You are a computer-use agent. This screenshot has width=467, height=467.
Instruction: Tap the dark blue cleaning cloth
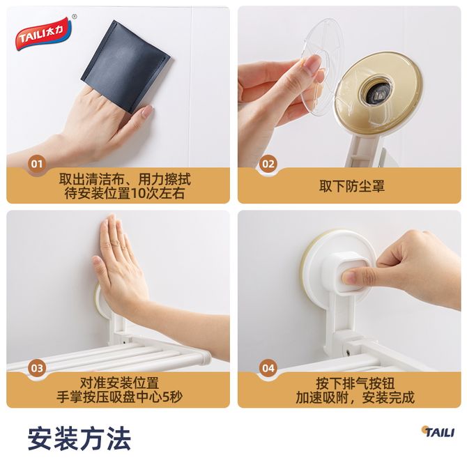tap(125, 66)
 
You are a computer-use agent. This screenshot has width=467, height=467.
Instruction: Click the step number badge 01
tap(37, 164)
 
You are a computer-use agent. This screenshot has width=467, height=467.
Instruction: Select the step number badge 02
tap(268, 164)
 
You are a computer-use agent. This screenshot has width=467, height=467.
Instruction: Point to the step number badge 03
tap(37, 369)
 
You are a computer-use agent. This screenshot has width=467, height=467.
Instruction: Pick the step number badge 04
tap(268, 369)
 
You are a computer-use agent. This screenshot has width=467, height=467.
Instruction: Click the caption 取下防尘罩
tap(352, 186)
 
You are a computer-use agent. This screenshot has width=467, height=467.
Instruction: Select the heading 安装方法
tap(79, 438)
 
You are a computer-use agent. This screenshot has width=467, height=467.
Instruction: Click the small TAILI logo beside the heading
tap(438, 431)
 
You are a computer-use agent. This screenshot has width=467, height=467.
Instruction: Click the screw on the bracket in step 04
tap(348, 353)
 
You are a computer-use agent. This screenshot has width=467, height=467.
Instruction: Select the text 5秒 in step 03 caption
tap(171, 397)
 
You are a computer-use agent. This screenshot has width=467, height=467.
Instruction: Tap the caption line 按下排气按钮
tap(355, 383)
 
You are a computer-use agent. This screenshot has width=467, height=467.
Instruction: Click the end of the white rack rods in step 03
tap(206, 356)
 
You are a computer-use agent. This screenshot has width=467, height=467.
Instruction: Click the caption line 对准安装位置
tap(119, 383)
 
